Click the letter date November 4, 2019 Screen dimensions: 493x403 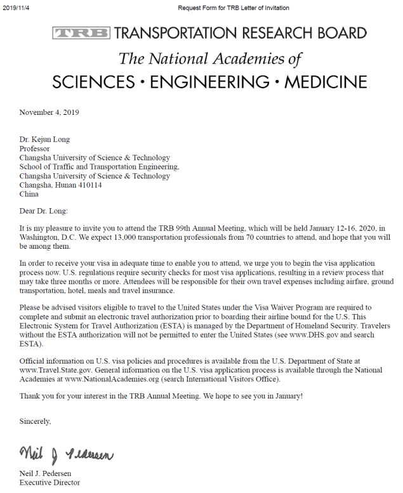click(x=50, y=112)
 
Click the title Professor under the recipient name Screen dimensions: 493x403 click(x=34, y=148)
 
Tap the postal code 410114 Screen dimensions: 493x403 click(x=90, y=185)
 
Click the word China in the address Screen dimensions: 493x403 click(x=29, y=194)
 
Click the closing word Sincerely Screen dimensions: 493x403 click(x=35, y=420)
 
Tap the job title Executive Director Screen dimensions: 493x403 click(x=50, y=483)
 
